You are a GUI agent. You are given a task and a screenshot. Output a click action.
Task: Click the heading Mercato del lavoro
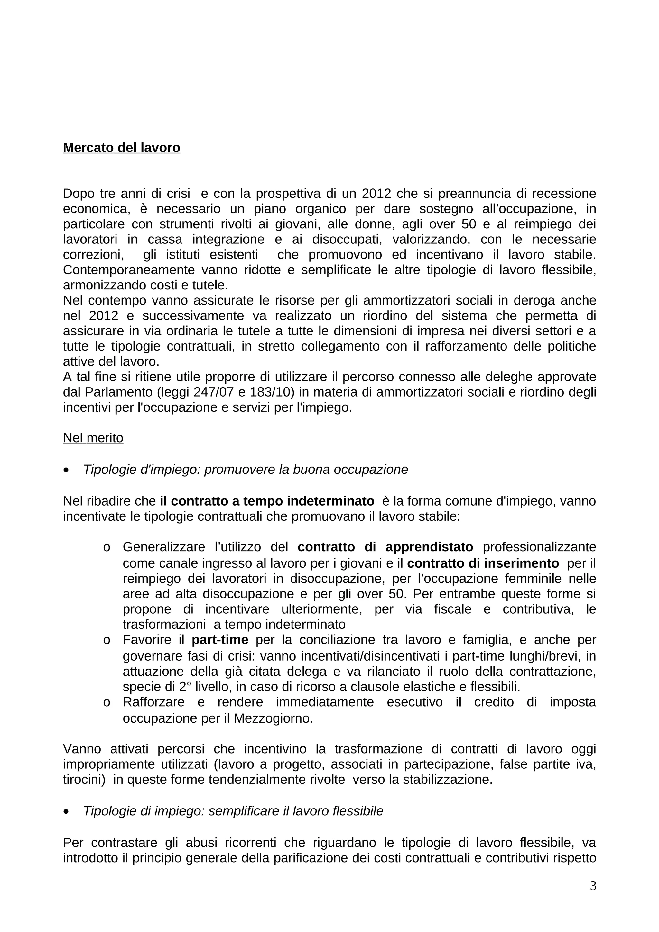pos(121,147)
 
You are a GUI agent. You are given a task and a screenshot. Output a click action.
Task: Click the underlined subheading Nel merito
pos(93,438)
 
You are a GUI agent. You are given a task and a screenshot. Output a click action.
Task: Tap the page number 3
pos(593,886)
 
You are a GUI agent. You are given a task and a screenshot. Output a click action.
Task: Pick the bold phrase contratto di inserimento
pos(483,563)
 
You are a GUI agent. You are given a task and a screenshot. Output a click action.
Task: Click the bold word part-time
pos(220,639)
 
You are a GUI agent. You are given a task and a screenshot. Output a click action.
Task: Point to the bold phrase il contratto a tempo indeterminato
pos(267,501)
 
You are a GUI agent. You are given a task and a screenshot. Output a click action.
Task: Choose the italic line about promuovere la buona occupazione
pos(245,469)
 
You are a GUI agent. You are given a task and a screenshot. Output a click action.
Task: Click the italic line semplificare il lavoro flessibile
pos(233,811)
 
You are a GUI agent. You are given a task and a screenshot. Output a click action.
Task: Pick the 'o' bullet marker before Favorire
pos(107,640)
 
